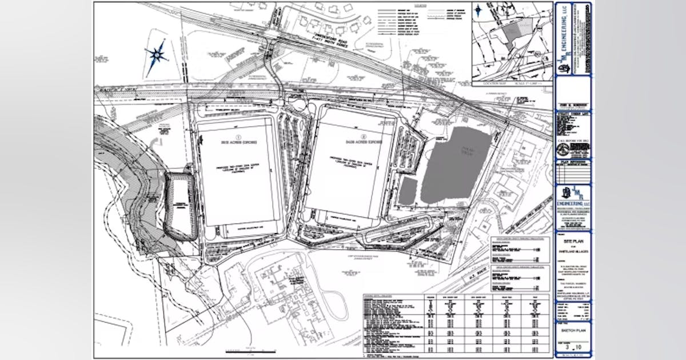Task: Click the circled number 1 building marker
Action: coord(236,135)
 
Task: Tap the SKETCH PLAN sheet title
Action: coord(573,330)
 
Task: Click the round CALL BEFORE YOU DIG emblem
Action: coord(564,149)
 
